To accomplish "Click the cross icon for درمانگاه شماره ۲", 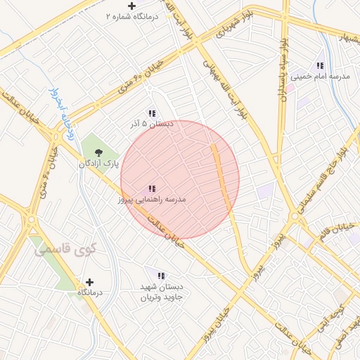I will pos(131,6).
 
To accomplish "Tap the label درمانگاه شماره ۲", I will pos(131,15).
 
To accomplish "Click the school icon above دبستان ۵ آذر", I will pos(151,113).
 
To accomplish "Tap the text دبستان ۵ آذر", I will pos(150,124).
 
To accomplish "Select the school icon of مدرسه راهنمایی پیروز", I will pos(152,188).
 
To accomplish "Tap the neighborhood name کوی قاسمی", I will pos(59,249).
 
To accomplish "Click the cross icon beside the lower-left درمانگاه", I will pos(89,281).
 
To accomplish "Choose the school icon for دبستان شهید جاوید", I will pos(161,276).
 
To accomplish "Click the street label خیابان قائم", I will pos(336,232).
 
